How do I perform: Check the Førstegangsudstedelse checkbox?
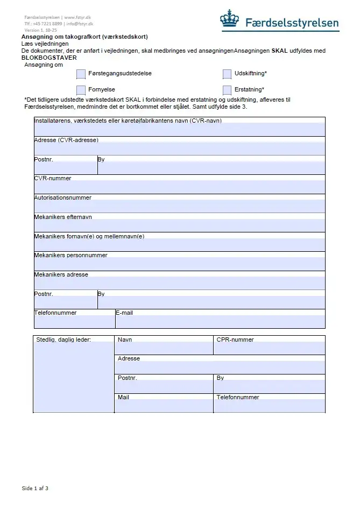pyautogui.click(x=81, y=74)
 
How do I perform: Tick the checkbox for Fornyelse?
pyautogui.click(x=81, y=90)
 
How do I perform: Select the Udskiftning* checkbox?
pyautogui.click(x=227, y=74)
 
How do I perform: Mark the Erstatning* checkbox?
pyautogui.click(x=227, y=90)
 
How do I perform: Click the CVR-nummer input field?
pyautogui.click(x=179, y=187)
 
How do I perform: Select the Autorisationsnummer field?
pyautogui.click(x=179, y=206)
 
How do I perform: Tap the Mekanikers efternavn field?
pyautogui.click(x=179, y=225)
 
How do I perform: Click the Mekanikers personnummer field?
pyautogui.click(x=179, y=264)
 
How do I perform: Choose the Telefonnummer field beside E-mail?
pyautogui.click(x=74, y=321)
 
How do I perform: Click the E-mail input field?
pyautogui.click(x=220, y=321)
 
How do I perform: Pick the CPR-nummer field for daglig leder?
pyautogui.click(x=269, y=348)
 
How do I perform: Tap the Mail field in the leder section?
pyautogui.click(x=164, y=406)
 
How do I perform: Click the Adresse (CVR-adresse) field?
pyautogui.click(x=179, y=149)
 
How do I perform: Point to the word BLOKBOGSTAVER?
pyautogui.click(x=49, y=58)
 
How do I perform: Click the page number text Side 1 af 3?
pyautogui.click(x=35, y=489)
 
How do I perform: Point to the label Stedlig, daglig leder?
pyautogui.click(x=63, y=340)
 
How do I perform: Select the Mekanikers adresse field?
pyautogui.click(x=179, y=283)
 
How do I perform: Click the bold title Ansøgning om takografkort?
pyautogui.click(x=84, y=37)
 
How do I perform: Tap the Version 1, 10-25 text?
pyautogui.click(x=40, y=30)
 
